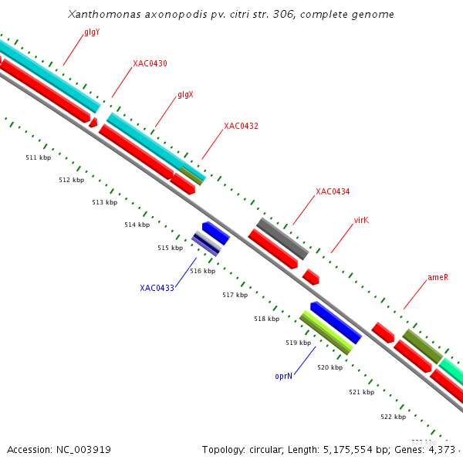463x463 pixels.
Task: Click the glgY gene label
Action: coord(92,32)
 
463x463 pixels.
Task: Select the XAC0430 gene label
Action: coord(150,63)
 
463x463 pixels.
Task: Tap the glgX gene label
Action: coord(185,94)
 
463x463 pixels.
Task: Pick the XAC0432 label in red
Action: coord(241,126)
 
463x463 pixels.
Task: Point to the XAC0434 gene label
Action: coord(333,191)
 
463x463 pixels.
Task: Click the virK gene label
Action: coord(361,220)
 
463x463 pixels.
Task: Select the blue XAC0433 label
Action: coord(157,288)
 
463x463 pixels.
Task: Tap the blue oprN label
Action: coord(283,376)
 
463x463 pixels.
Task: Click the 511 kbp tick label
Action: coord(38,157)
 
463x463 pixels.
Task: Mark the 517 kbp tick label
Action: coord(235,295)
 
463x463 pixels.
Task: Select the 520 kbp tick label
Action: coord(330,367)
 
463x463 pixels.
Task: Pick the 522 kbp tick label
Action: coord(393,417)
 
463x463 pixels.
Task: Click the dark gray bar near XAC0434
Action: coord(282,238)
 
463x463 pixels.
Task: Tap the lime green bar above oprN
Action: coord(326,333)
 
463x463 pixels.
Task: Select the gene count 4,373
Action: coord(441,449)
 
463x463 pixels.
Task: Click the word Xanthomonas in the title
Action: coord(103,14)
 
